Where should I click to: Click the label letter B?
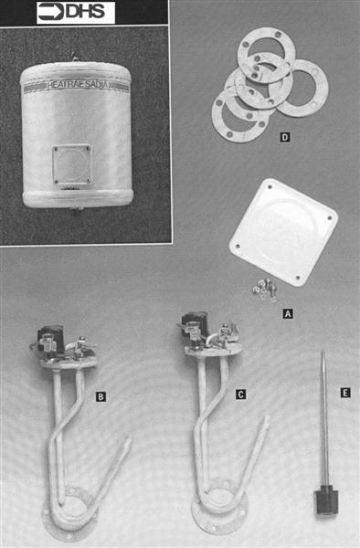[x=101, y=395]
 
